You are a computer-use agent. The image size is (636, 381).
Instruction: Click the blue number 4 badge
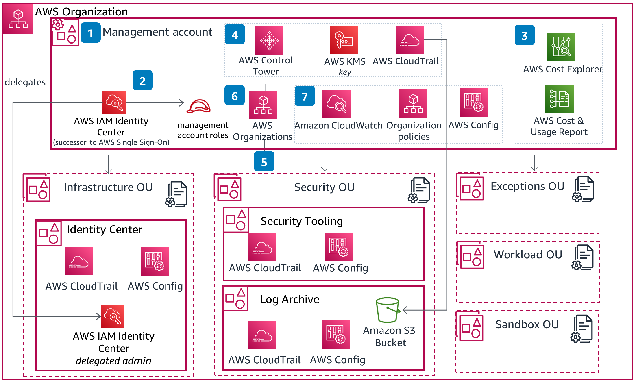235,34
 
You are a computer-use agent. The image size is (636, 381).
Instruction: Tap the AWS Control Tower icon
269,40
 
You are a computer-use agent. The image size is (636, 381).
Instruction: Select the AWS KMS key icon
344,39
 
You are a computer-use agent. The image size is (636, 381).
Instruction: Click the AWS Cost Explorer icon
561,47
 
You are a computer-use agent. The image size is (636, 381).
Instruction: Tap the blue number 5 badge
264,161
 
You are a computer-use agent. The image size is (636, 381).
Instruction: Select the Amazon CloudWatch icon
336,104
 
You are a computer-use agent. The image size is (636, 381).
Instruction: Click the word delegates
25,82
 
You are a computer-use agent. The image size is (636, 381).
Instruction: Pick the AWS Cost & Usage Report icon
559,99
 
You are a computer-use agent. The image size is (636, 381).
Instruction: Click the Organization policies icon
413,103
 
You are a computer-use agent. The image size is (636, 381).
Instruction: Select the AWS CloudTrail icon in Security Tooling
262,247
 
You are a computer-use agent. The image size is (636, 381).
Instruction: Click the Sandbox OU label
527,324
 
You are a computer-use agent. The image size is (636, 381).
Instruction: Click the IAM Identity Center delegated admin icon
112,316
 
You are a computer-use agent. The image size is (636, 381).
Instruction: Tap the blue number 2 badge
142,80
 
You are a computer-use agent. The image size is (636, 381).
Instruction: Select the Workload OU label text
528,255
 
